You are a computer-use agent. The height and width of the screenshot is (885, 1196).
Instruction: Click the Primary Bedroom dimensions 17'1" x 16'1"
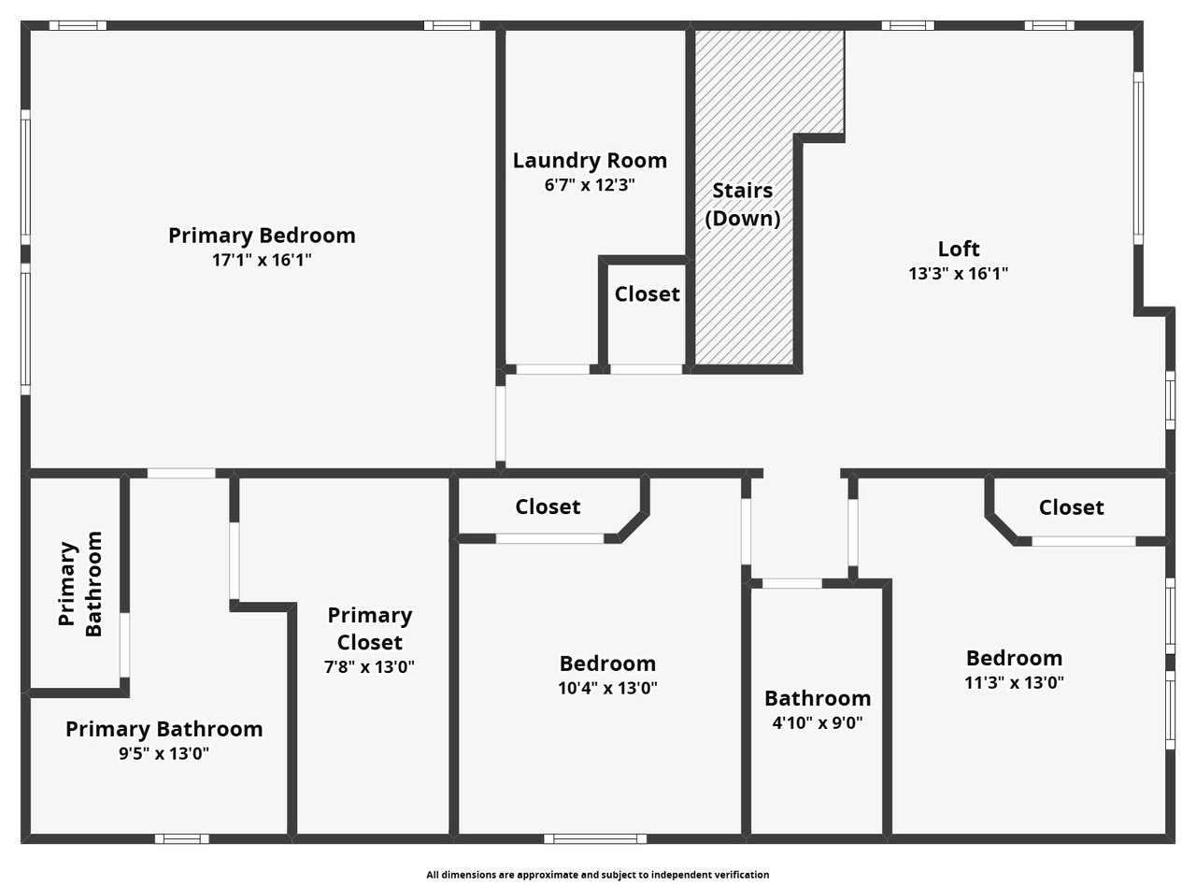coord(262,260)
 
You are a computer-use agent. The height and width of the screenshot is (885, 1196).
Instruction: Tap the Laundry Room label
coord(590,160)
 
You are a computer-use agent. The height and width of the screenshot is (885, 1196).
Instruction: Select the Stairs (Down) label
coord(743,205)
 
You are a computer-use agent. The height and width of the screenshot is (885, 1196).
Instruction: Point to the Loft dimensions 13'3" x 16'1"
coord(959,274)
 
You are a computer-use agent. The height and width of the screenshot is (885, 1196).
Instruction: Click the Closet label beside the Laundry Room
coord(648,294)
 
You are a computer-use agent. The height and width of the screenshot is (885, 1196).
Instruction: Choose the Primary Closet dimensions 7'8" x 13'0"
coord(369,667)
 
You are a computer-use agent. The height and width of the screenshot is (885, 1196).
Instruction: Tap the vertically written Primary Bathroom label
coord(79,583)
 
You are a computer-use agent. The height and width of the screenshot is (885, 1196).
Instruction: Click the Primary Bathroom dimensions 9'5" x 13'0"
coord(164,753)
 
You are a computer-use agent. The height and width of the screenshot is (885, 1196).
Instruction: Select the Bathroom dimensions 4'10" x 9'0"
coord(818,722)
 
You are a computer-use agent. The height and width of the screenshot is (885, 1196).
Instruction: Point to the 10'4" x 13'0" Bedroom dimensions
coord(607,688)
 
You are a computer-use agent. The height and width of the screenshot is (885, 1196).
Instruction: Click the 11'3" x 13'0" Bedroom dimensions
coord(1015,683)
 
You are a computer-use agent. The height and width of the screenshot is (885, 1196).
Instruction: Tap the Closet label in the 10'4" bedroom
coord(548,507)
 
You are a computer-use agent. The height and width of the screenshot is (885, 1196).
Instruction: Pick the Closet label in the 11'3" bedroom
coord(1072,507)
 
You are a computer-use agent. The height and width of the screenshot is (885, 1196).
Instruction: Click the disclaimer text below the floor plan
coord(597,875)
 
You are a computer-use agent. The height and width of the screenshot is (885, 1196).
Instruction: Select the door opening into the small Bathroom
coord(791,583)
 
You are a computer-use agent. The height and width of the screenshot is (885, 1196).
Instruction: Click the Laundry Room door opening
coord(553,369)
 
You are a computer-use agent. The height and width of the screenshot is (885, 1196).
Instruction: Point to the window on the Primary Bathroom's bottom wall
coord(181,838)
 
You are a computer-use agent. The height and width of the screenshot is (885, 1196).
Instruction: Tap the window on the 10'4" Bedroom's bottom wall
coord(595,838)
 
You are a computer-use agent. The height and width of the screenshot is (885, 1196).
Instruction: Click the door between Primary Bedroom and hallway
coord(501,423)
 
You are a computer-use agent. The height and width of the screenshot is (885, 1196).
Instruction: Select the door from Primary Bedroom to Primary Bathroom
coord(181,474)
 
